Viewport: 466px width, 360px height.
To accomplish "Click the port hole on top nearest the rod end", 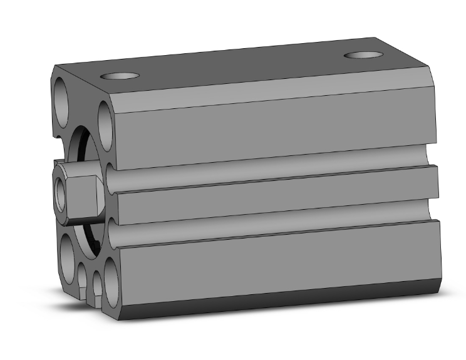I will tap(120, 76).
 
